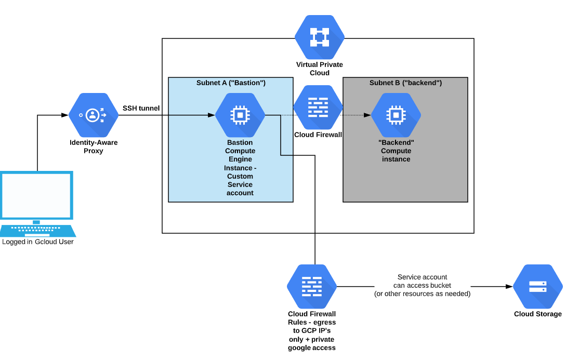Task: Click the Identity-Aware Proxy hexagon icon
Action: tap(94, 115)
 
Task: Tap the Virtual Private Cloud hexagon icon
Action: tap(319, 37)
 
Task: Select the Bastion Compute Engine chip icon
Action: tap(240, 115)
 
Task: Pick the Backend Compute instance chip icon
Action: tap(396, 115)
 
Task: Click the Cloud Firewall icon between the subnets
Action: tap(318, 108)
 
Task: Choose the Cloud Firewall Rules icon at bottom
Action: tap(312, 286)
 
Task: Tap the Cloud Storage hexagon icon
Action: tap(537, 286)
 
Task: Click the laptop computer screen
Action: tap(36, 195)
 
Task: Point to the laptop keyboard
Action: tap(36, 230)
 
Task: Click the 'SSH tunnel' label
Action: tap(141, 108)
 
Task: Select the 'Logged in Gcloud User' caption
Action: tap(37, 242)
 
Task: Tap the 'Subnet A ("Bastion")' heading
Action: tap(231, 83)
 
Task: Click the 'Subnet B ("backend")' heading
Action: tap(405, 83)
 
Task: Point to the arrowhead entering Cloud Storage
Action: tap(509, 286)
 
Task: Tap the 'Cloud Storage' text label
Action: tap(537, 314)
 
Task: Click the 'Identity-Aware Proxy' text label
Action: tap(94, 146)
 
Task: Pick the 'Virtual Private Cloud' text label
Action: tap(319, 69)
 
